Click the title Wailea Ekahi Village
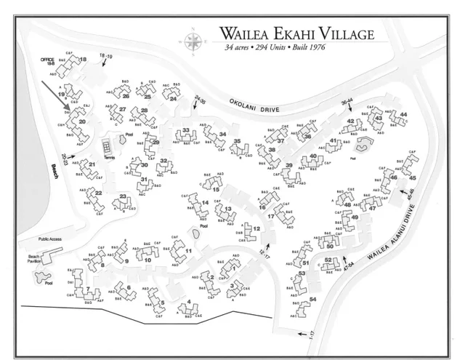coord(296,34)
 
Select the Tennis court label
coord(108,157)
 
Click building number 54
coord(312,300)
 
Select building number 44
coord(403,114)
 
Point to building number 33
coord(186,131)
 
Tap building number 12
coord(256,229)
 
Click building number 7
coord(87,289)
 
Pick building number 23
coord(124,196)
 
